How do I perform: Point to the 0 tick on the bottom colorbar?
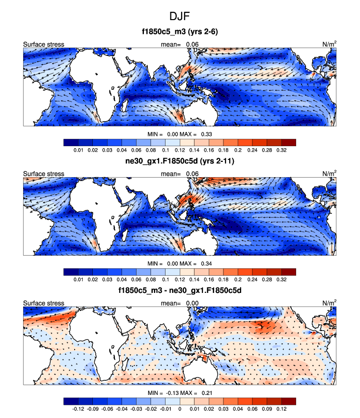[x=180, y=408]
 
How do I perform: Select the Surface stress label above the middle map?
[x=44, y=174]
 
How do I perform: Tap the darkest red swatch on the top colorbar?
[x=289, y=142]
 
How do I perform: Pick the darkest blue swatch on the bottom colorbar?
[x=70, y=401]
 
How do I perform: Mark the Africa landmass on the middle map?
[x=93, y=206]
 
